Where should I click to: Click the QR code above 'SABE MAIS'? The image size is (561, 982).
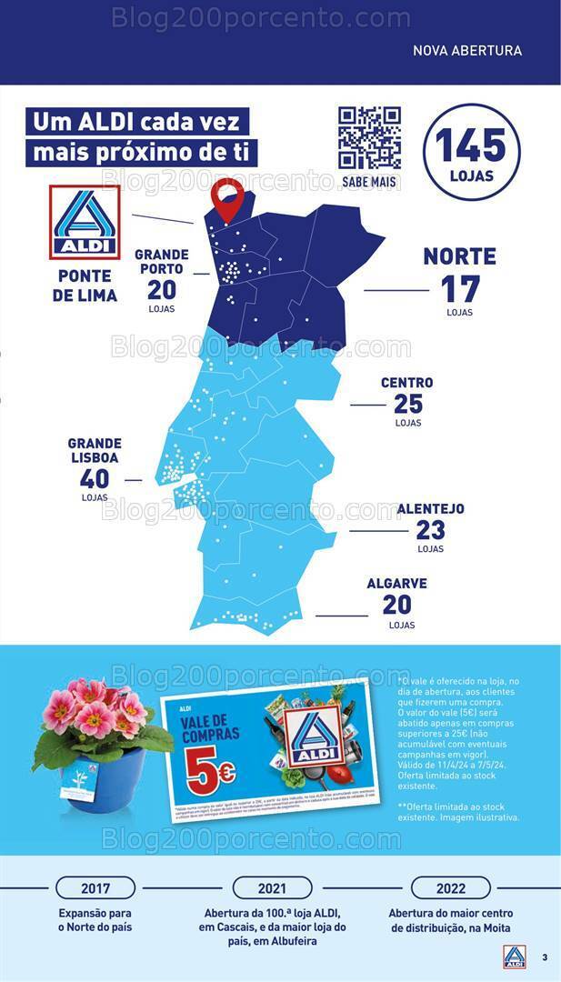point(369,138)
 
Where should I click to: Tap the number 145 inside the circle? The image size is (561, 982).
point(470,145)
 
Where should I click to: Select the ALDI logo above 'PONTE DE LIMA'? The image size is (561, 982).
point(85,222)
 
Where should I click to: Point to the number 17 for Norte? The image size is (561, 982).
point(459,289)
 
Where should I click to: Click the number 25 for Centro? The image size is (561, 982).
point(407,405)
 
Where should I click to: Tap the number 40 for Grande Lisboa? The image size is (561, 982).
point(94,478)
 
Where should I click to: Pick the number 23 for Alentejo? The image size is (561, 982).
point(430,529)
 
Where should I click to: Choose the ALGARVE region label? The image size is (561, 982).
point(396,584)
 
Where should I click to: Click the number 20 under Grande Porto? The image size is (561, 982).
point(161,290)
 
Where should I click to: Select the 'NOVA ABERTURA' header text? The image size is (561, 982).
point(467,51)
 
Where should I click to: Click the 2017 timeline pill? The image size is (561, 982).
point(95,888)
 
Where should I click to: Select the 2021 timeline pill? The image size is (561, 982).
point(272,888)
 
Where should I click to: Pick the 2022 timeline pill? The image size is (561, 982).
point(450,888)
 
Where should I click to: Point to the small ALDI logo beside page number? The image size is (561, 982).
point(515,957)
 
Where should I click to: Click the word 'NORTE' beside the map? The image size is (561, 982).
point(459,256)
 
